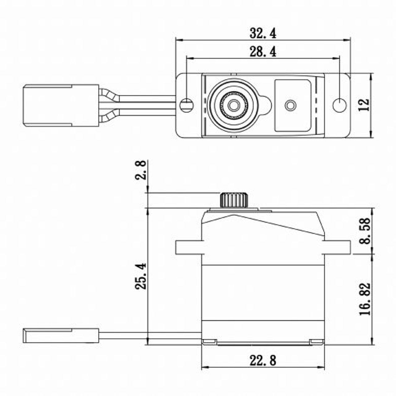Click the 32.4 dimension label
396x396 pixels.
click(x=263, y=33)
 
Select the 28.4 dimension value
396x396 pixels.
click(x=263, y=52)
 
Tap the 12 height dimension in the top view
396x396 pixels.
click(x=364, y=105)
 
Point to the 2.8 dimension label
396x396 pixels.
click(x=140, y=170)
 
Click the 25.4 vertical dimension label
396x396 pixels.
click(x=140, y=276)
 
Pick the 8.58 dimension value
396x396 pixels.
click(x=365, y=231)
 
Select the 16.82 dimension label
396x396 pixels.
click(x=365, y=299)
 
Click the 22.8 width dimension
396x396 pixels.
click(x=263, y=360)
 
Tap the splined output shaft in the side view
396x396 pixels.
click(x=234, y=200)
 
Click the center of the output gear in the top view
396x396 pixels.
click(x=234, y=105)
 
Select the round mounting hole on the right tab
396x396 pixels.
click(x=339, y=105)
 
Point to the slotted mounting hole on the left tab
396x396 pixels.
click(x=187, y=105)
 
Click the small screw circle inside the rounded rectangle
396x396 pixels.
click(x=290, y=105)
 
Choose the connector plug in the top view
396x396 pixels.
click(x=61, y=105)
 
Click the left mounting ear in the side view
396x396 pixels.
click(x=188, y=247)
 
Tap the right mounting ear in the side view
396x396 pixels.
click(x=337, y=247)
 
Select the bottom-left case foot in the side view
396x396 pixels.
click(x=209, y=341)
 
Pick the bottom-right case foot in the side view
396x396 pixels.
click(x=316, y=341)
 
